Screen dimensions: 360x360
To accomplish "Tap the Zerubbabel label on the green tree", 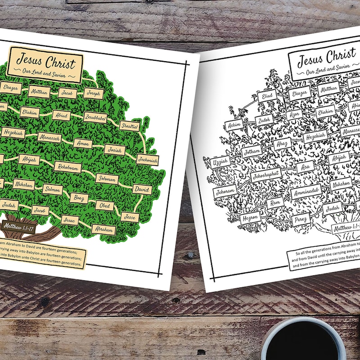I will point(95,117).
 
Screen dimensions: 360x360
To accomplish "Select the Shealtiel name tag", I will point(130,126).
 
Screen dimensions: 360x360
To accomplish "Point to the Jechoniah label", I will point(147,160).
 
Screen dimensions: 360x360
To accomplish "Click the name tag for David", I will point(142,189).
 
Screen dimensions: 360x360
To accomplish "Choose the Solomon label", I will point(107,178).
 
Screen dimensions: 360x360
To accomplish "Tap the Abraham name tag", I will point(103,229).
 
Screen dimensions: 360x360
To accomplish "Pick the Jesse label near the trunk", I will point(130,216).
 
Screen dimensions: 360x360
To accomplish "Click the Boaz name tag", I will point(79,197).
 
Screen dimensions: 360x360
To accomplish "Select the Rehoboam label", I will point(68,166).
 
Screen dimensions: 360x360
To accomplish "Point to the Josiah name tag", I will point(115,150).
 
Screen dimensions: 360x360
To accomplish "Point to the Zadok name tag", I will point(264,119).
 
